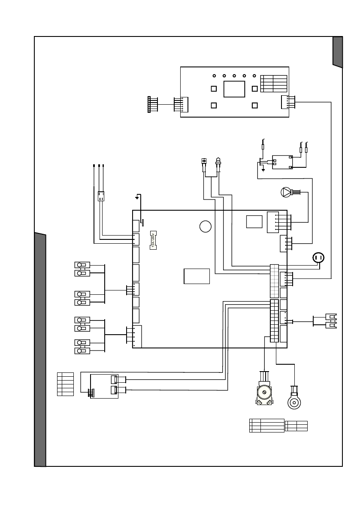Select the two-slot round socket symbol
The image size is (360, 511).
tap(318, 257)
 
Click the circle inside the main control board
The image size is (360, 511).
tap(206, 227)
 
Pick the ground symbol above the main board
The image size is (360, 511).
tap(137, 197)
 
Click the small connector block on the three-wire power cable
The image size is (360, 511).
tap(101, 196)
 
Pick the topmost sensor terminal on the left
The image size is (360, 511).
tap(82, 265)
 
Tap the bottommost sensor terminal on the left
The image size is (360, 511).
tap(82, 351)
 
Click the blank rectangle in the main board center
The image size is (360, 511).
tap(197, 276)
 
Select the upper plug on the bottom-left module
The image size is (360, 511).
tap(115, 380)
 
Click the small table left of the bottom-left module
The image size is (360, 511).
tap(65, 384)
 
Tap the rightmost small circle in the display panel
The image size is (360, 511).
tap(254, 76)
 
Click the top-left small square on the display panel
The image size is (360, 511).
tap(214, 88)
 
